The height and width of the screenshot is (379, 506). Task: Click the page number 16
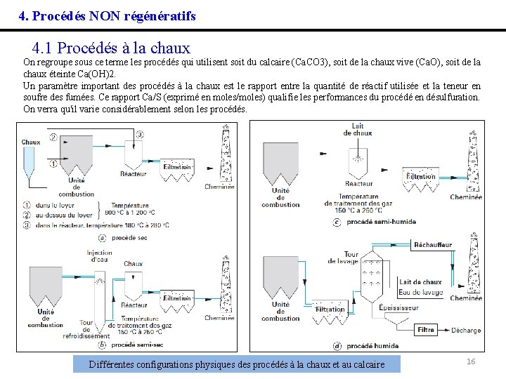pyautogui.click(x=471, y=361)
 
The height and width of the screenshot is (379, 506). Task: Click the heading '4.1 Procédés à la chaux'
pyautogui.click(x=111, y=48)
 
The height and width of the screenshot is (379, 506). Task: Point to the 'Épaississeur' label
pyautogui.click(x=399, y=307)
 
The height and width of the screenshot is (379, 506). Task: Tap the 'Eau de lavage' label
pyautogui.click(x=420, y=292)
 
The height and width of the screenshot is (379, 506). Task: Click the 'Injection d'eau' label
pyautogui.click(x=99, y=255)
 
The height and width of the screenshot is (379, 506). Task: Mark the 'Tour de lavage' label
pyautogui.click(x=342, y=258)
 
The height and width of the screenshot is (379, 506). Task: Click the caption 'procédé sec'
pyautogui.click(x=128, y=237)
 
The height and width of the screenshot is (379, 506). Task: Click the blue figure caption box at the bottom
pyautogui.click(x=237, y=364)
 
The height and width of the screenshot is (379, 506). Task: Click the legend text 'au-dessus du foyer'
pyautogui.click(x=65, y=215)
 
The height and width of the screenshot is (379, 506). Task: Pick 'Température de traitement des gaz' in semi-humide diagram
pyautogui.click(x=358, y=203)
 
